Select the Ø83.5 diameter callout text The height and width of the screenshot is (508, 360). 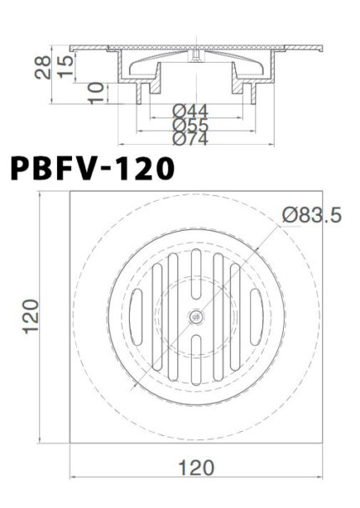tap(311, 216)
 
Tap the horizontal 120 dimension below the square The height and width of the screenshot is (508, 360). tap(196, 467)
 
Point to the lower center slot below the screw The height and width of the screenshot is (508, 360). tap(196, 358)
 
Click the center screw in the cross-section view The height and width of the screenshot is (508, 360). tap(195, 55)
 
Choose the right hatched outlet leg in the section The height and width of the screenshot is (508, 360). tap(249, 87)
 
